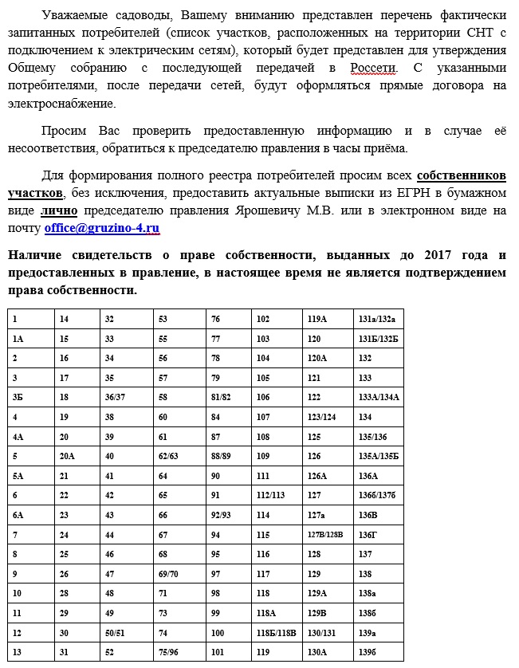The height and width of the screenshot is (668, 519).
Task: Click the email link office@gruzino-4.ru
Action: click(x=102, y=229)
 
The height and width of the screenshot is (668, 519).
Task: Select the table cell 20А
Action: click(x=68, y=457)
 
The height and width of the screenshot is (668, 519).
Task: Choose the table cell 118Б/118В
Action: click(x=276, y=633)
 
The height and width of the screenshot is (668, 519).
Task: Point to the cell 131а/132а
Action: click(x=377, y=319)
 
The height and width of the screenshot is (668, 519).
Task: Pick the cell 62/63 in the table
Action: click(x=168, y=457)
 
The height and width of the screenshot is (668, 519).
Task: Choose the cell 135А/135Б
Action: click(x=379, y=457)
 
